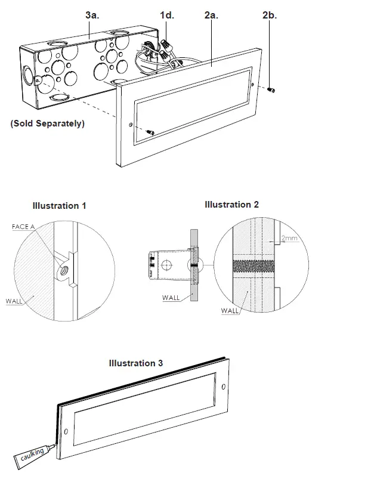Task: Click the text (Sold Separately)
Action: point(48,123)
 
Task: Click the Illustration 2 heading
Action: point(231,204)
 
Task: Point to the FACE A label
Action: point(24,227)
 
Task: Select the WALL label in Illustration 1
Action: point(15,301)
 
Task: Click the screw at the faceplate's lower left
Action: point(150,131)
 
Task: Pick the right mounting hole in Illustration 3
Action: point(224,388)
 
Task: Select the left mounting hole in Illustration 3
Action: point(66,431)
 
